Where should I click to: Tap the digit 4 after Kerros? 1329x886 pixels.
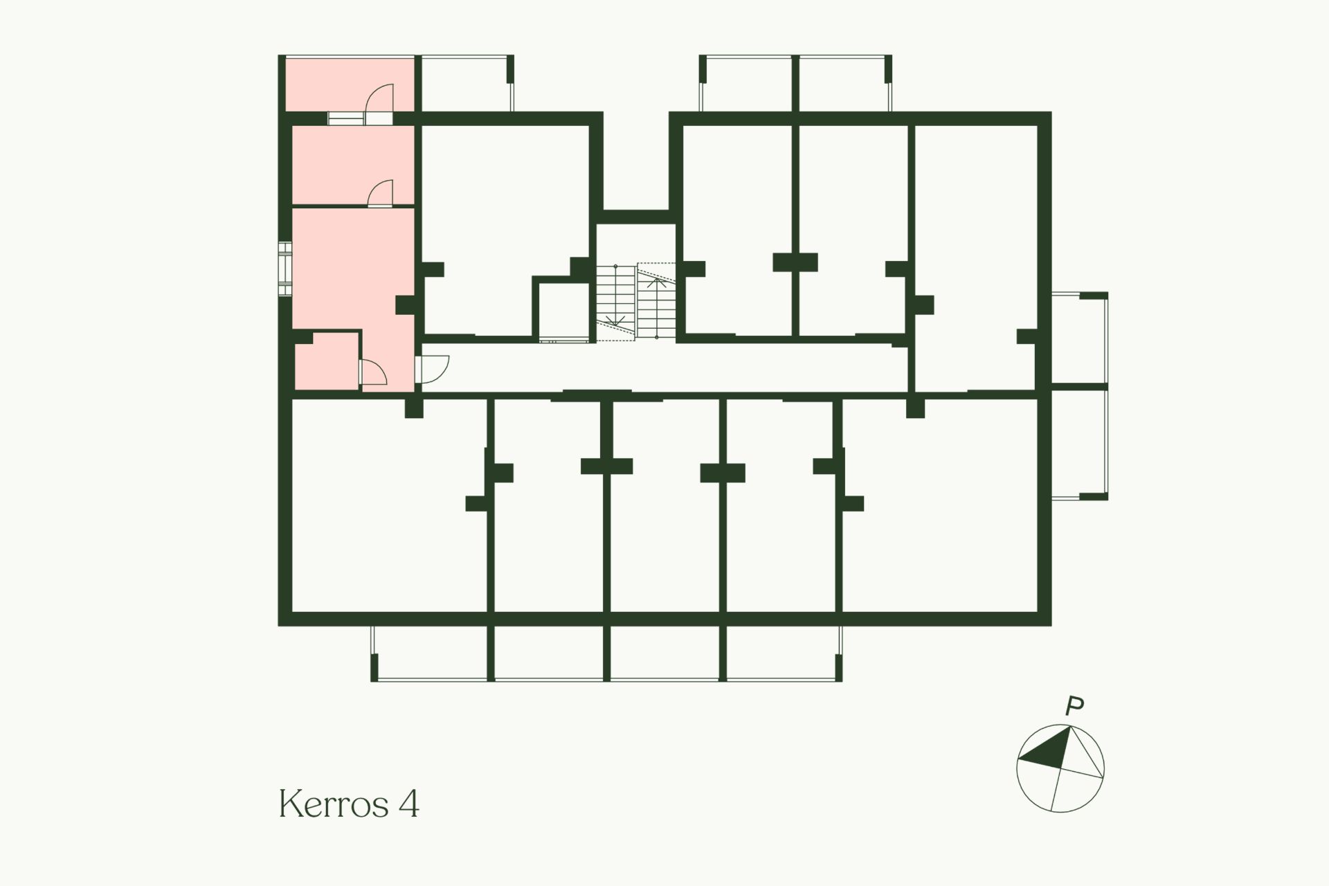tap(409, 804)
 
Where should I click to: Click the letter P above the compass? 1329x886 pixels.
tap(1074, 707)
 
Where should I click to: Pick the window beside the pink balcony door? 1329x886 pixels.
tap(345, 118)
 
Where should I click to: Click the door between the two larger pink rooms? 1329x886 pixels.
tap(381, 193)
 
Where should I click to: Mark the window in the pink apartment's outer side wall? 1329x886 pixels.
tap(284, 269)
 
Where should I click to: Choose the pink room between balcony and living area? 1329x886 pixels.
tap(353, 165)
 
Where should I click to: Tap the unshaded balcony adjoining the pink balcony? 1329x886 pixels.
tap(465, 83)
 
